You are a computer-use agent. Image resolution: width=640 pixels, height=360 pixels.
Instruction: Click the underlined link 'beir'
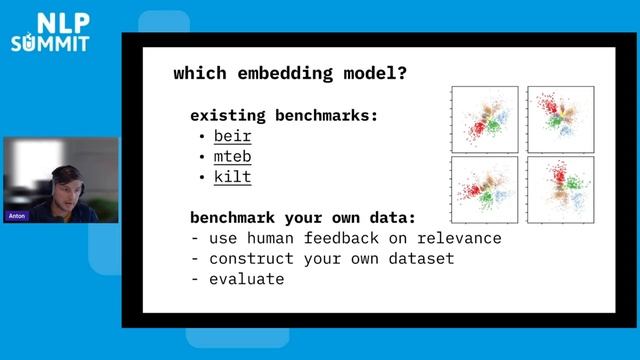coord(232,136)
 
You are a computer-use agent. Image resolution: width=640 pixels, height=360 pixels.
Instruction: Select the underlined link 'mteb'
coord(232,156)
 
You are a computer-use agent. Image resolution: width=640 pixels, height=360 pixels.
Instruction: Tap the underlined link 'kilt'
coord(232,177)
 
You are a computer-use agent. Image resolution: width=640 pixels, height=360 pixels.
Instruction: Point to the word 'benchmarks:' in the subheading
coord(327,115)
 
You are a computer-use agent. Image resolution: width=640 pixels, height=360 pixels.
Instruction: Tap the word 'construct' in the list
coord(251,258)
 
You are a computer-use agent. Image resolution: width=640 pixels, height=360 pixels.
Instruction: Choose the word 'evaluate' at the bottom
coord(246,279)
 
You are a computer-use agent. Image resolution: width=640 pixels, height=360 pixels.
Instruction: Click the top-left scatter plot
coord(484,119)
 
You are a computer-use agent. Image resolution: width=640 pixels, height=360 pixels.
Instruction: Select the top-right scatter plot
coord(561,119)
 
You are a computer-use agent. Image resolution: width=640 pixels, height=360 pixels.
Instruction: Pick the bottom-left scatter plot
coord(484,189)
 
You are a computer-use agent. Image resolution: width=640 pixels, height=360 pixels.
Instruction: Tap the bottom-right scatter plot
coord(561,189)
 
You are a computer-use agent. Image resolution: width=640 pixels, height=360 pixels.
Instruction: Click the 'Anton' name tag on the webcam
coord(17,216)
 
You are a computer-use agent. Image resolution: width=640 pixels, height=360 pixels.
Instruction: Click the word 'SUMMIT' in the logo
coord(50,44)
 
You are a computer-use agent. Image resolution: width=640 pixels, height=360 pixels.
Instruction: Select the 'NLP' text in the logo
coord(57,23)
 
